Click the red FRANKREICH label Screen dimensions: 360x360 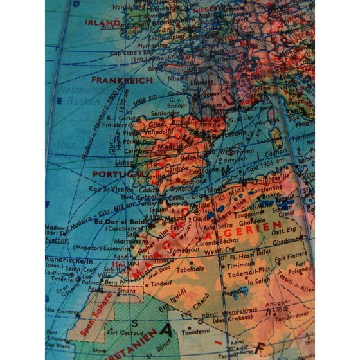click(122, 80)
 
